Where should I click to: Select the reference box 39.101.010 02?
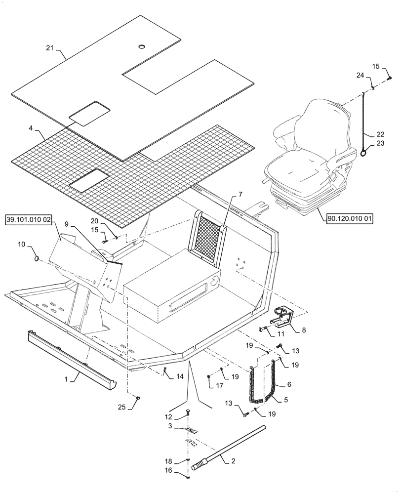(30, 219)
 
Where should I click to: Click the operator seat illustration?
(311, 158)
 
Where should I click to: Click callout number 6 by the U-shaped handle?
(289, 384)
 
